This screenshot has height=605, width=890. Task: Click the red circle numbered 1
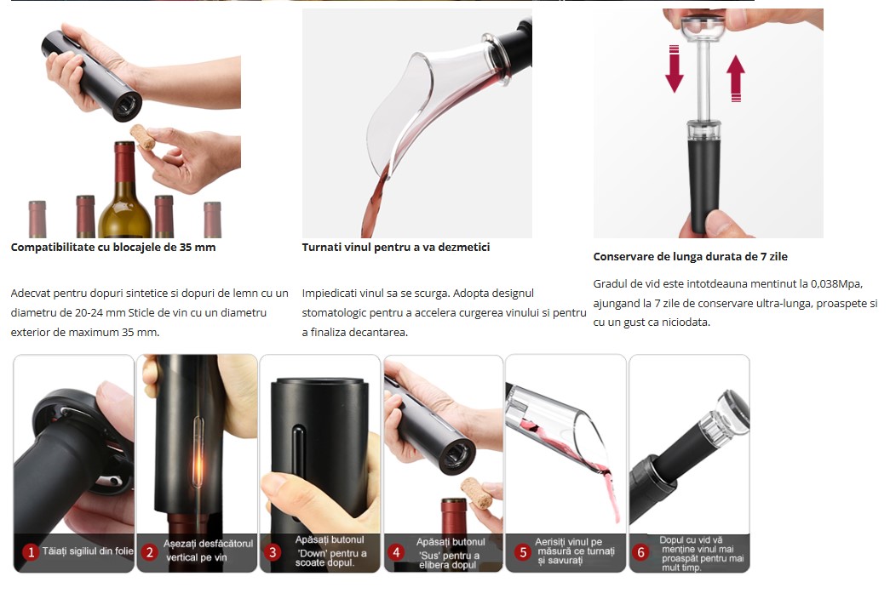click(31, 551)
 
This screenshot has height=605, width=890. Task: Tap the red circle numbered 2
click(150, 552)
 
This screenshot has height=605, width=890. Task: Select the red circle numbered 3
click(273, 552)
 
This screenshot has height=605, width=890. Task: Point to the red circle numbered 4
click(396, 552)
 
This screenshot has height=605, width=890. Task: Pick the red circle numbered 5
click(523, 552)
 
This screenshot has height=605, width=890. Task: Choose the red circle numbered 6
click(640, 552)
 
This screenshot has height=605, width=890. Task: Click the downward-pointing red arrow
click(675, 69)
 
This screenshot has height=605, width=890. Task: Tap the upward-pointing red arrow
click(736, 78)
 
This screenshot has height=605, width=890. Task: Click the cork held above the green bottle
click(142, 137)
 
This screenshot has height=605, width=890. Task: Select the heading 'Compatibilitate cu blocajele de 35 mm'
click(113, 248)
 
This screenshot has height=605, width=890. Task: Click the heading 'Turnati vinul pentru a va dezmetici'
click(396, 248)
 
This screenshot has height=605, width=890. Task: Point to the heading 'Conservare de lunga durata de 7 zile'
click(690, 256)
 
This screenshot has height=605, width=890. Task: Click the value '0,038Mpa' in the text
click(836, 284)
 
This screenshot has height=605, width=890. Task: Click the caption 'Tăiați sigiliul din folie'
click(88, 551)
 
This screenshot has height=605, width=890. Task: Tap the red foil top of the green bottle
click(124, 163)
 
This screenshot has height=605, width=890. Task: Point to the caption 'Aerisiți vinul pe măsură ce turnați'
click(574, 546)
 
